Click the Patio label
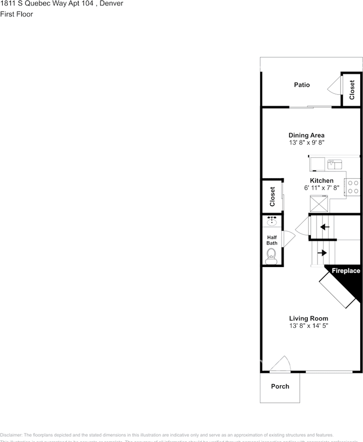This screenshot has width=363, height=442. [302, 85]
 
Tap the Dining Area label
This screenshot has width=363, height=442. [306, 135]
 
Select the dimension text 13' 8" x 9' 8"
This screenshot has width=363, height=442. [306, 143]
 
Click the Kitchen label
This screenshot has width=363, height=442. [322, 180]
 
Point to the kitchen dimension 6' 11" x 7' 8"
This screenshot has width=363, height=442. [322, 188]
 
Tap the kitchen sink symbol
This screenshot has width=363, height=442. [334, 163]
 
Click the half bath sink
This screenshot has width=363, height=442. [272, 221]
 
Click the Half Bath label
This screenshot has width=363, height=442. [272, 240]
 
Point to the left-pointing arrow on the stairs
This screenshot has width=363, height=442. [325, 227]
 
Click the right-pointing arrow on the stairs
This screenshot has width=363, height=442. [322, 253]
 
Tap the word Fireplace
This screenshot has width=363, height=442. [346, 271]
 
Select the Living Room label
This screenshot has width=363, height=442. [308, 318]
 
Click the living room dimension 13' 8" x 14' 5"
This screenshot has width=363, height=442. [308, 326]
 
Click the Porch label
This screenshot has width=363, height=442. [280, 386]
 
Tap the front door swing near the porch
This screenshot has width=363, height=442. [280, 364]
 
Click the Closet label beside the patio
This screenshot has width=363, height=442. [352, 90]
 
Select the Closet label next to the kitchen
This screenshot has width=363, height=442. [272, 196]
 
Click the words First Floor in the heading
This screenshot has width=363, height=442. [17, 14]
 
